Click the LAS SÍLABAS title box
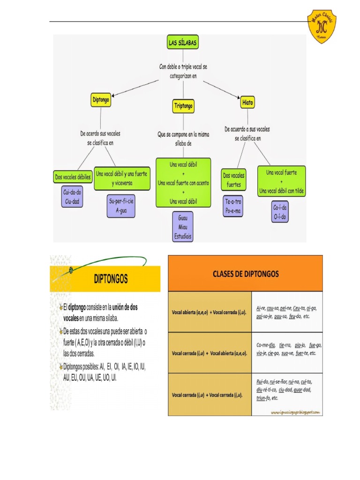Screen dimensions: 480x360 pyautogui.click(x=183, y=43)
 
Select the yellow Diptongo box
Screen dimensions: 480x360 pyautogui.click(x=101, y=100)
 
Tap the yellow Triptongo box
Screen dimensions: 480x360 pyautogui.click(x=183, y=106)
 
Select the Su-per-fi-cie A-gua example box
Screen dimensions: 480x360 pyautogui.click(x=121, y=206)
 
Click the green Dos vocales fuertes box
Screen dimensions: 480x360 pyautogui.click(x=233, y=180)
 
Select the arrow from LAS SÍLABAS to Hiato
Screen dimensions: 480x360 pyautogui.click(x=221, y=89)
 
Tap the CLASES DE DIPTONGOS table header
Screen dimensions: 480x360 pyautogui.click(x=245, y=273)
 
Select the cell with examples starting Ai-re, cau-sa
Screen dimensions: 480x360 pyautogui.click(x=287, y=312)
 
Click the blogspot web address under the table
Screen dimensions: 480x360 pyautogui.click(x=295, y=412)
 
